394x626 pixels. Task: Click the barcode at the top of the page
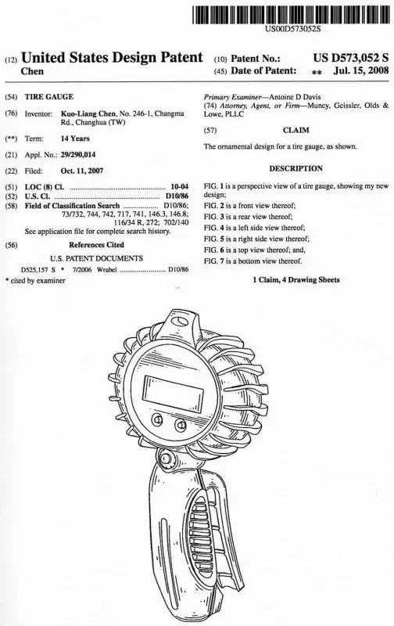[291, 15]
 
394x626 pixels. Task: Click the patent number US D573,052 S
[350, 58]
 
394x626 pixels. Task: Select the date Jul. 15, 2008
[361, 70]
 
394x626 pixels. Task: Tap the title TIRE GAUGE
[49, 96]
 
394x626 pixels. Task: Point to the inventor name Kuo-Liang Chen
[88, 113]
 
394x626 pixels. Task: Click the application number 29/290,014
[78, 155]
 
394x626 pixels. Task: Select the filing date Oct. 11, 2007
[82, 171]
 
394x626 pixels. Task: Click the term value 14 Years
[75, 139]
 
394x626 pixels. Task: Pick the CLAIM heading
[296, 130]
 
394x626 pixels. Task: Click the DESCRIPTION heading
[296, 168]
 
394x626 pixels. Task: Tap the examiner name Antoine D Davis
[295, 97]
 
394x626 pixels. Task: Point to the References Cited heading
[96, 245]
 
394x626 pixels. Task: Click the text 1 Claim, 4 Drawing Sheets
[296, 280]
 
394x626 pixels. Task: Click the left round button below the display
[157, 419]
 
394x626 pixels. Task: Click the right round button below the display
[181, 425]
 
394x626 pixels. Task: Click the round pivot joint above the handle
[166, 457]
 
